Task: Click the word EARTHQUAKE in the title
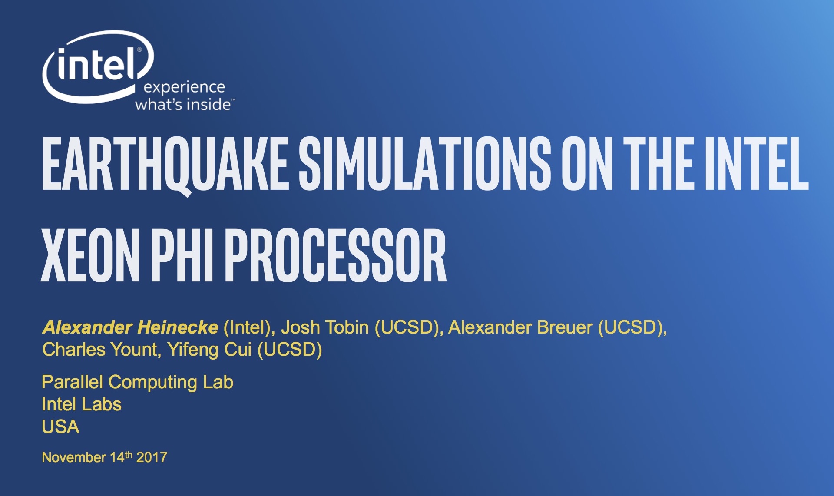tap(165, 164)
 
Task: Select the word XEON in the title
tap(90, 255)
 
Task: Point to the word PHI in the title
tap(182, 255)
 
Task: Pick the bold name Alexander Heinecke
tap(130, 327)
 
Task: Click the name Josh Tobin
tap(325, 327)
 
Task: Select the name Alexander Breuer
tap(520, 327)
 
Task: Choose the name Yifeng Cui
tap(210, 350)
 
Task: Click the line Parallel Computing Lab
tap(138, 383)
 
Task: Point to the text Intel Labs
tap(82, 404)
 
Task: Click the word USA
tap(61, 427)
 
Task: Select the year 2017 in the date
tap(152, 457)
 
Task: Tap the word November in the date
tap(74, 457)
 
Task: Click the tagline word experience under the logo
tap(184, 87)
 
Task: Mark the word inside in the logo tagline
tap(208, 105)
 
